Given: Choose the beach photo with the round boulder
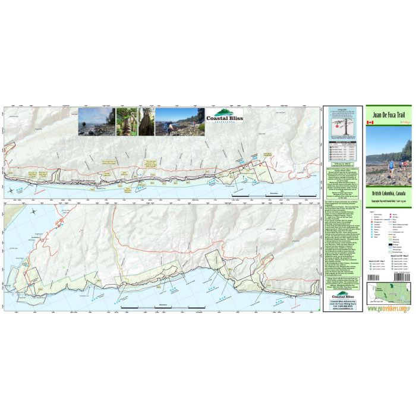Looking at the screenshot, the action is click(x=96, y=121).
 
